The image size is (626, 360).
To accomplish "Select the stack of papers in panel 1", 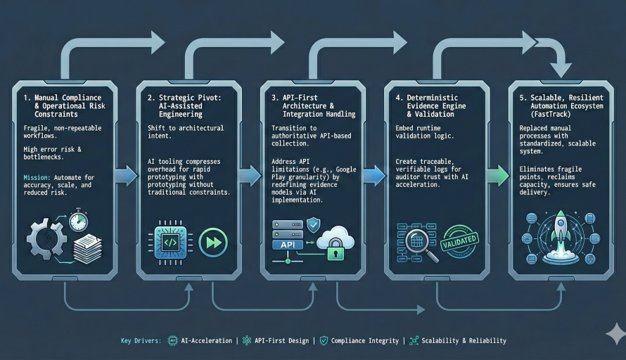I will click(x=87, y=249).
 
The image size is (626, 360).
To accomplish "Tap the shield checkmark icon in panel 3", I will click(x=314, y=224).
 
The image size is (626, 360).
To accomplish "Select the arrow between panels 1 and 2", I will click(x=126, y=176).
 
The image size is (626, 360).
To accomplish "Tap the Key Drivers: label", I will click(x=141, y=340).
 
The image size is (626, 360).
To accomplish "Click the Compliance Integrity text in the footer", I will click(x=364, y=340).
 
